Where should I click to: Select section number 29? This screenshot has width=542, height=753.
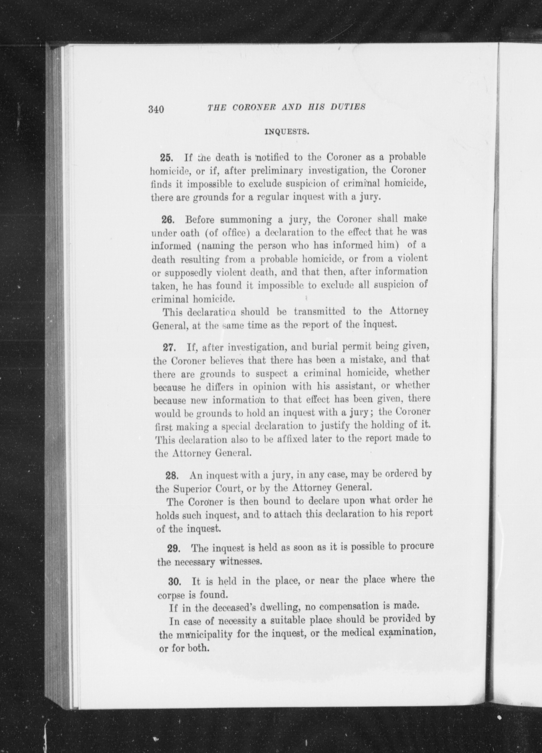(173, 549)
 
